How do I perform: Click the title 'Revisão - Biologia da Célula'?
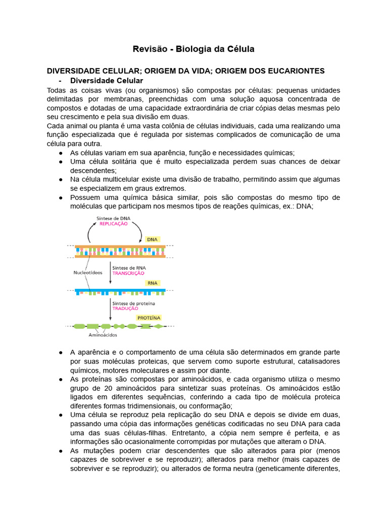193,49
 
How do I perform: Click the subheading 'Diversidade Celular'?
107,81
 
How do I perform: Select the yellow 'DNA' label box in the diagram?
152,239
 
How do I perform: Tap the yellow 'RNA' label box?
152,283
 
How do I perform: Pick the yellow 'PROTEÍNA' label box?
149,318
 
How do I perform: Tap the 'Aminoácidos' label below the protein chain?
103,335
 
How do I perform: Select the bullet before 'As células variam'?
61,152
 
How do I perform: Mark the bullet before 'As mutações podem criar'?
61,450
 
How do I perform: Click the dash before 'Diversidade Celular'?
60,81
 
